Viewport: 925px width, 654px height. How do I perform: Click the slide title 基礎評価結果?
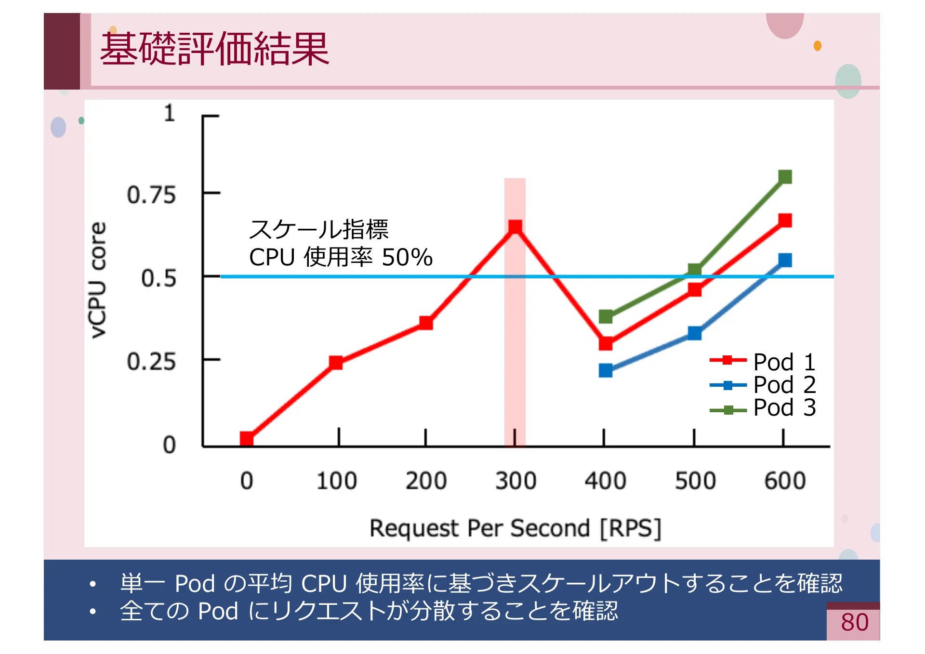click(x=214, y=49)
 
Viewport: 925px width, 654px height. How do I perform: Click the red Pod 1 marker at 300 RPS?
click(x=515, y=227)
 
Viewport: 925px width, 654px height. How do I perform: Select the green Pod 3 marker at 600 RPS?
click(x=785, y=177)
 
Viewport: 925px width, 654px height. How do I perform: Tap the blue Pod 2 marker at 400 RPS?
click(x=606, y=370)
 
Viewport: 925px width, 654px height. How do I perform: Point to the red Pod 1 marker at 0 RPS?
click(x=247, y=438)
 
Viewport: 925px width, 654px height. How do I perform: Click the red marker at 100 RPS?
click(x=336, y=363)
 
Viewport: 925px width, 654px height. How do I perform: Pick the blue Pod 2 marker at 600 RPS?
click(x=785, y=261)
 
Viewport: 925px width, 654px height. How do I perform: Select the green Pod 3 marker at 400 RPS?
click(x=606, y=316)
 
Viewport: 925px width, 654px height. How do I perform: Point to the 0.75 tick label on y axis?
click(x=151, y=195)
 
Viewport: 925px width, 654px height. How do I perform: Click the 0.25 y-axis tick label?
click(x=151, y=362)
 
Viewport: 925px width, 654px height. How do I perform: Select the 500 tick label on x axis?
click(x=695, y=481)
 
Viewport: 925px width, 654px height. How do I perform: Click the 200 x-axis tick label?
click(x=426, y=481)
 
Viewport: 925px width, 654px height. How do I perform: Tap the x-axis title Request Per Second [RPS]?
click(x=515, y=528)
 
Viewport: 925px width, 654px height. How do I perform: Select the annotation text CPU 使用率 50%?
click(x=341, y=257)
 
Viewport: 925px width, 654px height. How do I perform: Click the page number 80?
click(x=855, y=622)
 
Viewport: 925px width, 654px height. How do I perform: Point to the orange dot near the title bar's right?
click(x=817, y=46)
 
